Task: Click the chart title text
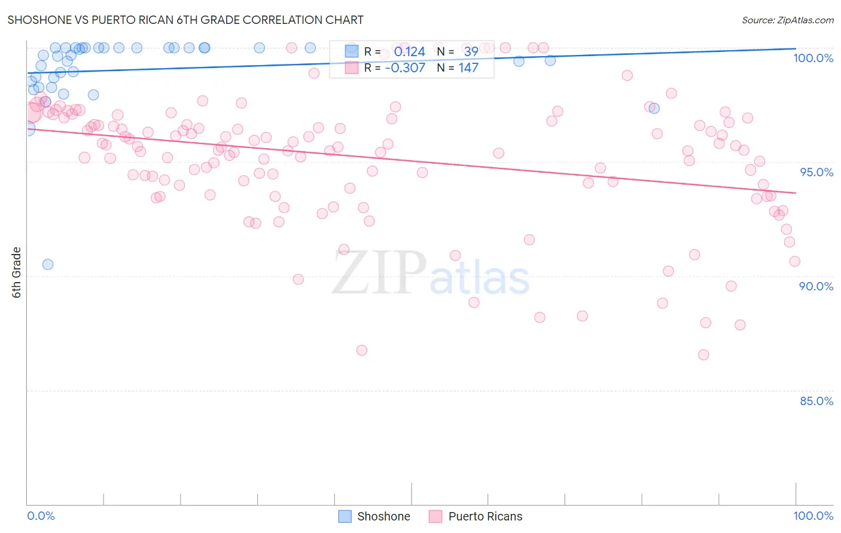tap(185, 20)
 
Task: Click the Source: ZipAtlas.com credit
tap(787, 20)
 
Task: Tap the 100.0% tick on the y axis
tap(813, 58)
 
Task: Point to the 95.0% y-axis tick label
tap(816, 172)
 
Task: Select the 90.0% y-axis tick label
tap(816, 286)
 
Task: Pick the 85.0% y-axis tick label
tap(816, 401)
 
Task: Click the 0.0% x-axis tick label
tap(41, 516)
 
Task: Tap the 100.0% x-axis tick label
tap(813, 516)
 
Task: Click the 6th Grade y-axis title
tap(17, 272)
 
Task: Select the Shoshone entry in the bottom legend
tap(374, 516)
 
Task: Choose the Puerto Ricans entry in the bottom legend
tap(476, 516)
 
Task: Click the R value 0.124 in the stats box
tap(409, 52)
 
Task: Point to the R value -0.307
tap(405, 68)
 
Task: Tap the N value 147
tap(468, 68)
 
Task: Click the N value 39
tap(471, 52)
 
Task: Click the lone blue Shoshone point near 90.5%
tap(48, 264)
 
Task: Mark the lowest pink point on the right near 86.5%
tap(703, 355)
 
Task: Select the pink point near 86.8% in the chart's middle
tap(362, 350)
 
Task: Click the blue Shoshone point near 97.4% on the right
tap(654, 108)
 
